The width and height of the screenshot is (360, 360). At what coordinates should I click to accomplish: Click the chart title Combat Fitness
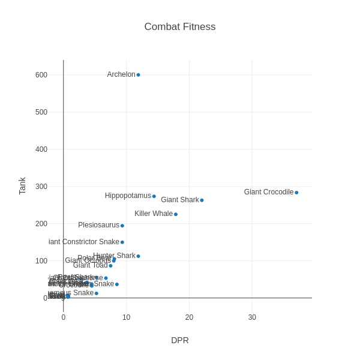pyautogui.click(x=180, y=27)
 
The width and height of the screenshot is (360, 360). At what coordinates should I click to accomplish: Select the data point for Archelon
pyautogui.click(x=138, y=75)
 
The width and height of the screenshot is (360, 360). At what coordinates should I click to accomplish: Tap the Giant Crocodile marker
pyautogui.click(x=296, y=193)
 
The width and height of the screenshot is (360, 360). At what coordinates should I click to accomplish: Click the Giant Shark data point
pyautogui.click(x=202, y=200)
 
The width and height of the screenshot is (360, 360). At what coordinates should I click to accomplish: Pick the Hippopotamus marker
pyautogui.click(x=154, y=196)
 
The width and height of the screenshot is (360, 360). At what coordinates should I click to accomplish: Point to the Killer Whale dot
pyautogui.click(x=176, y=214)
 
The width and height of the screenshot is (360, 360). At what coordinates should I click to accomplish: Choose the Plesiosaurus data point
pyautogui.click(x=122, y=226)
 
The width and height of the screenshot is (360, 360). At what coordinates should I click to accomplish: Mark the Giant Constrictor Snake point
pyautogui.click(x=122, y=242)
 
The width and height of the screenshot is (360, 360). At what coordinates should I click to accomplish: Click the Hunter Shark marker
pyautogui.click(x=138, y=256)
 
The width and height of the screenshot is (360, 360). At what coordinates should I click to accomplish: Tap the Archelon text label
pyautogui.click(x=121, y=74)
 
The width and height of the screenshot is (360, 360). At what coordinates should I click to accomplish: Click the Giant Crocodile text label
pyautogui.click(x=269, y=192)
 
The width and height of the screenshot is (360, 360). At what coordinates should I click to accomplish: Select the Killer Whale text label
pyautogui.click(x=154, y=214)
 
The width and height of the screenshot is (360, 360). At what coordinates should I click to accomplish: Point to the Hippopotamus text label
pyautogui.click(x=128, y=196)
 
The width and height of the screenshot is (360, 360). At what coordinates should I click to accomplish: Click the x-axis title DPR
pyautogui.click(x=180, y=340)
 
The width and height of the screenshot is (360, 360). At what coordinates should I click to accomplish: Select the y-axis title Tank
pyautogui.click(x=22, y=186)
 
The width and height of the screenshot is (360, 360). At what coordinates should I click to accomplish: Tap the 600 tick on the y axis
pyautogui.click(x=41, y=75)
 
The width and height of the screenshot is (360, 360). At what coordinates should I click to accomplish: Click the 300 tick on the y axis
pyautogui.click(x=41, y=187)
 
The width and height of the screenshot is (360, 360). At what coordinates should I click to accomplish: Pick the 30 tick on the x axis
pyautogui.click(x=252, y=317)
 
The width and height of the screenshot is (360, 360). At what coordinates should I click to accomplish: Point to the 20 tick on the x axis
pyautogui.click(x=189, y=317)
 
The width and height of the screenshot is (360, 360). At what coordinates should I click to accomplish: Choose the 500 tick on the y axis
pyautogui.click(x=41, y=112)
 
